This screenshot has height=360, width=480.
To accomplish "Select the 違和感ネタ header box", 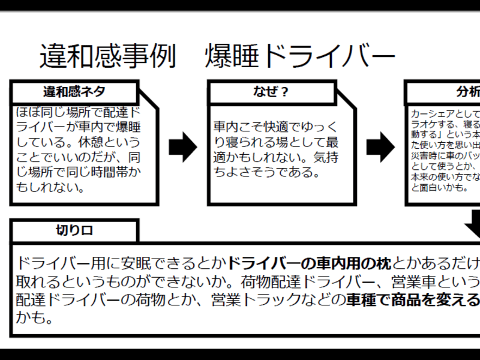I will pyautogui.click(x=74, y=92).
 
